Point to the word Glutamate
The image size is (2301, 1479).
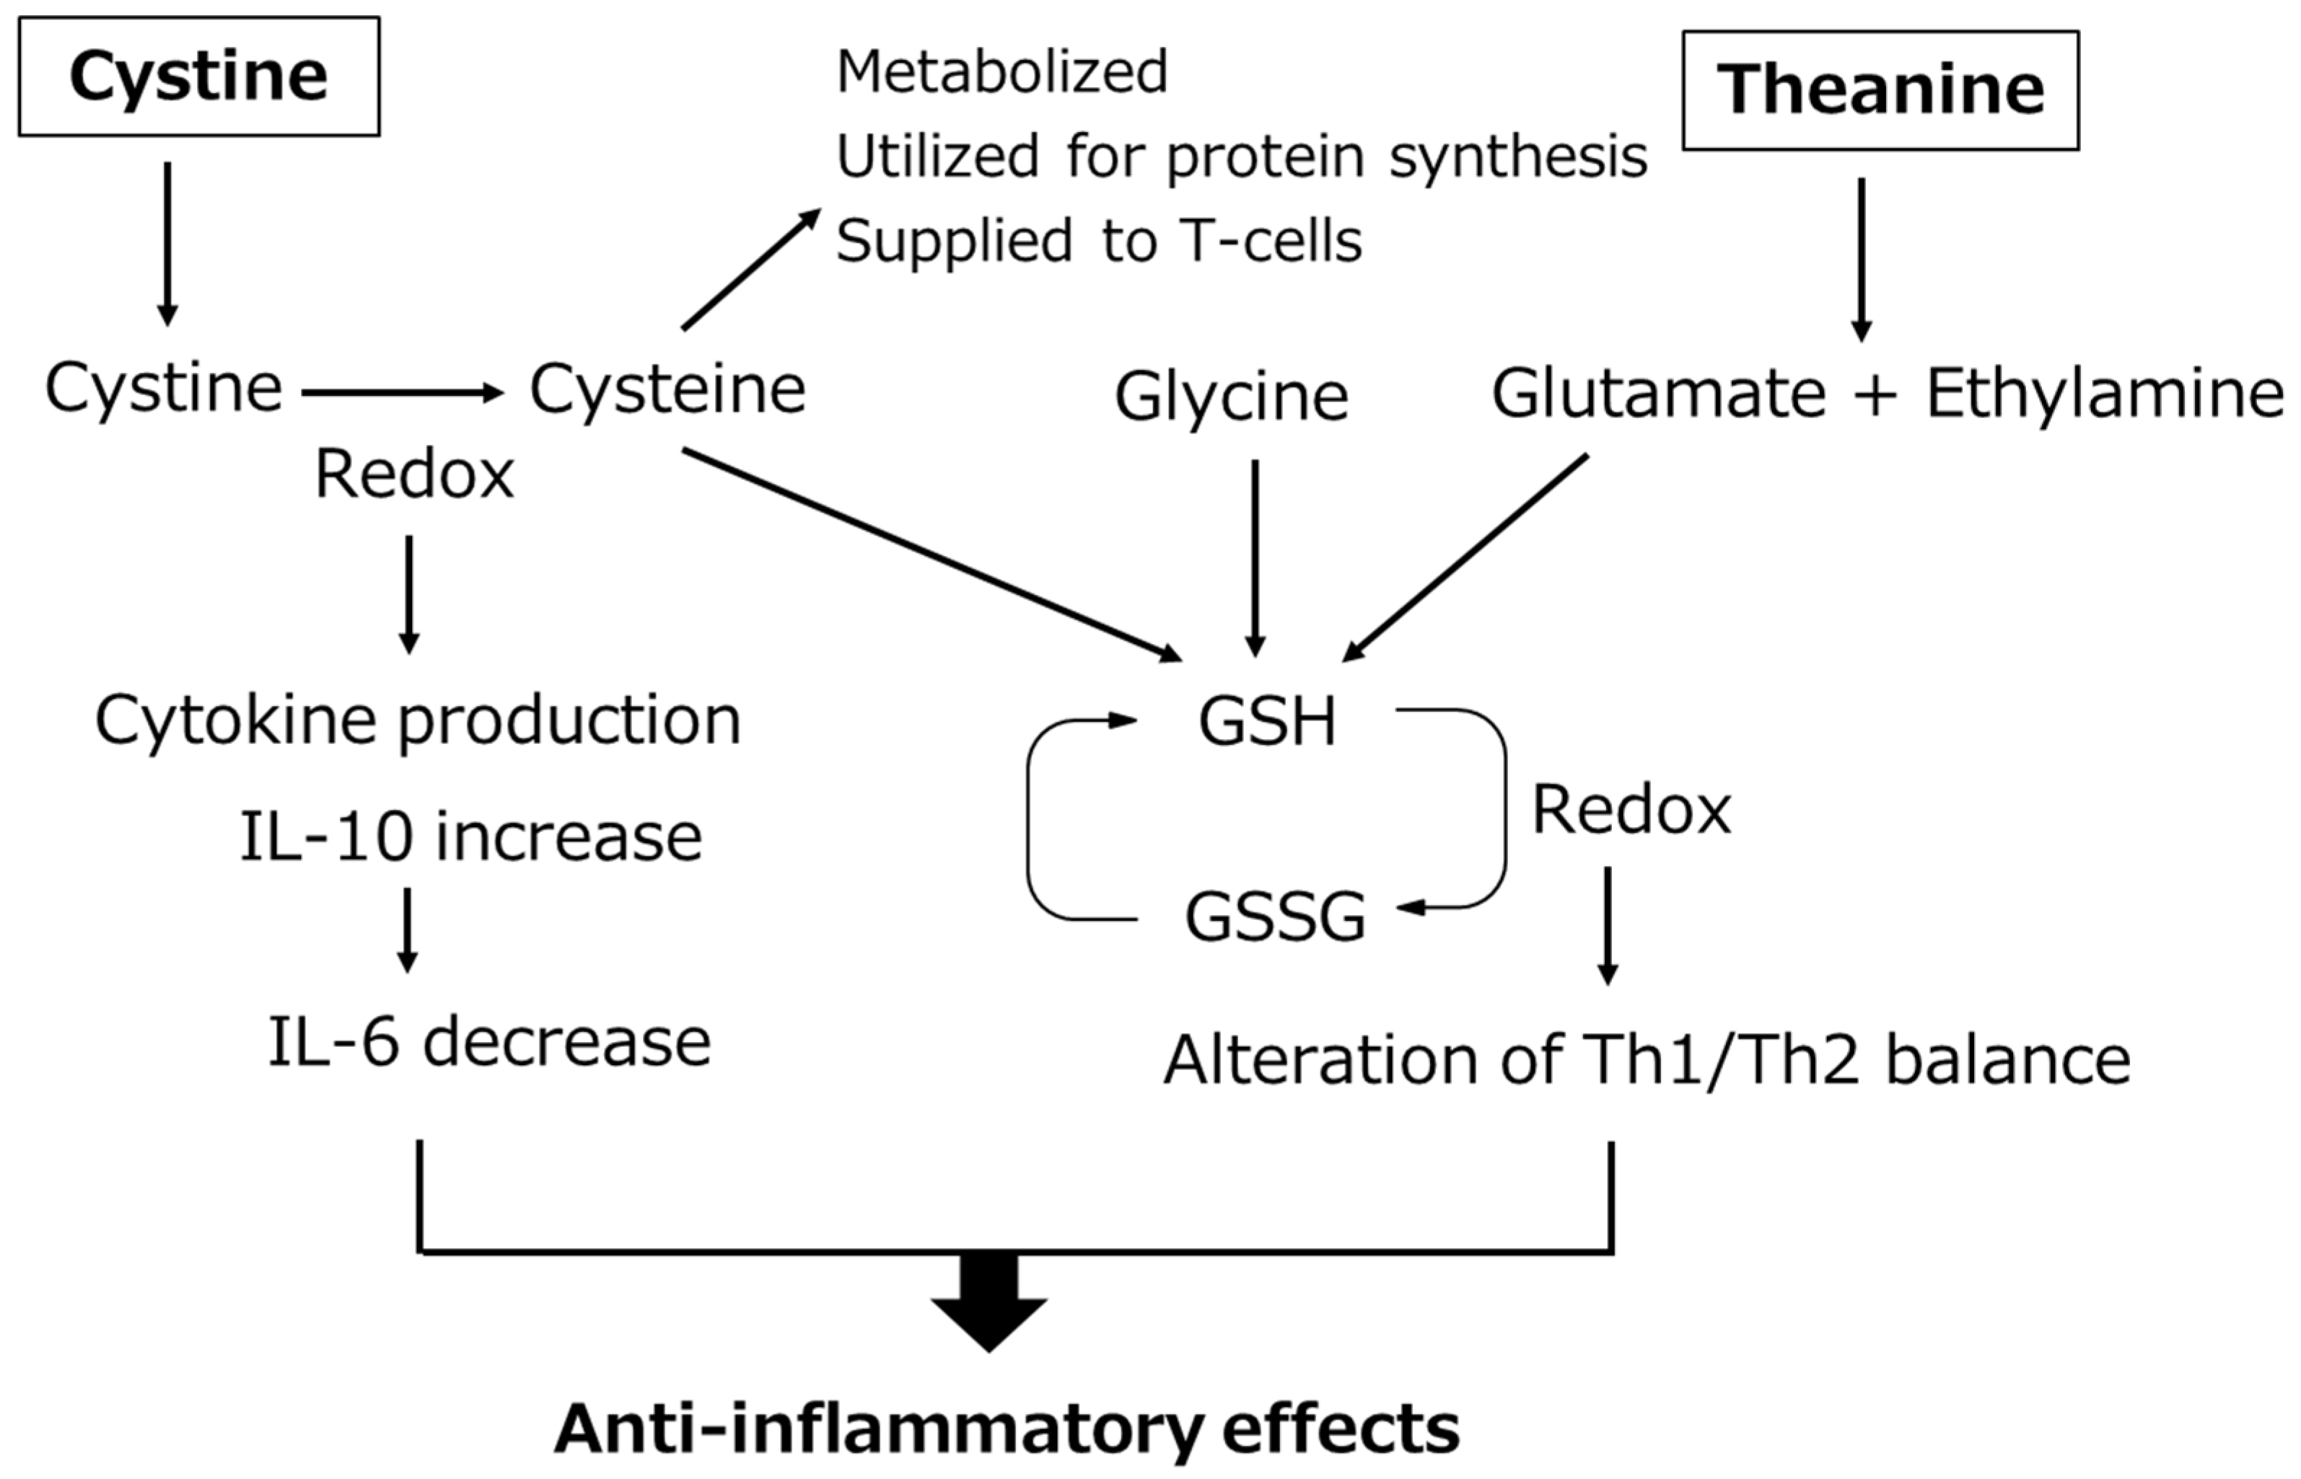click(1657, 393)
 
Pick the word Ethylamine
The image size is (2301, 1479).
click(2104, 393)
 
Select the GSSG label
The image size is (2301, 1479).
click(1274, 917)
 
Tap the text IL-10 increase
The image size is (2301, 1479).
click(470, 836)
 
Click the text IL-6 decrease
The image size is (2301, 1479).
click(489, 1042)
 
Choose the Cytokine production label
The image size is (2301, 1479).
click(418, 720)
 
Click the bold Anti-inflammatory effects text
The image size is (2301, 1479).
click(1006, 1429)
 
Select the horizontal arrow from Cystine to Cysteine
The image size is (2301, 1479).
click(402, 392)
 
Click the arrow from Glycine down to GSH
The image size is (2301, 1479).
click(1255, 557)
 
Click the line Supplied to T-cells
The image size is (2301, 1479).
click(1098, 240)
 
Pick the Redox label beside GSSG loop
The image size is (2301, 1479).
click(1631, 810)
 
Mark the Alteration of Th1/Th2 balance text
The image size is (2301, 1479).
click(1647, 1060)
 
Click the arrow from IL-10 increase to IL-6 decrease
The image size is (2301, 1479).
click(408, 930)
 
